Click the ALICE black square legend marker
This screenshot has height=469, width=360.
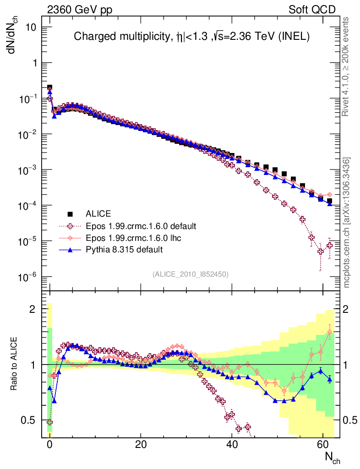click(70, 213)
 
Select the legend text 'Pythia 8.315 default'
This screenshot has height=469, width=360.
click(125, 250)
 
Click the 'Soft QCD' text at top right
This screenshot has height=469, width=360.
click(312, 10)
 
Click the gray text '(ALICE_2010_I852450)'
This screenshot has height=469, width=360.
click(191, 274)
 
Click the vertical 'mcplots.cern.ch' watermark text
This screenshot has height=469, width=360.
click(347, 223)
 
